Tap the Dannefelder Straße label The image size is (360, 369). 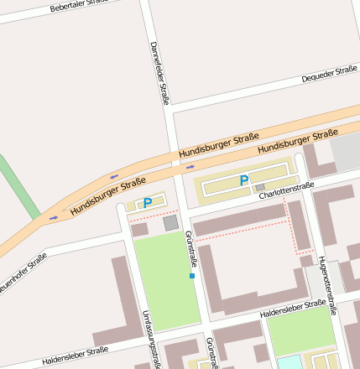(159, 73)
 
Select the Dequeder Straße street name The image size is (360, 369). (329, 76)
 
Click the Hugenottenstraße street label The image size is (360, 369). (326, 285)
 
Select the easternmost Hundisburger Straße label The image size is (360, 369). (298, 141)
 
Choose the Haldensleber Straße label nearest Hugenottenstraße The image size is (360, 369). (293, 309)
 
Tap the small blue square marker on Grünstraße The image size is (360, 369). (192, 276)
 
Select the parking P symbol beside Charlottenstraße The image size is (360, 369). (244, 180)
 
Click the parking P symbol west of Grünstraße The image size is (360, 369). (148, 203)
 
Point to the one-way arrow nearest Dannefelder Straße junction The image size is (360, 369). (190, 166)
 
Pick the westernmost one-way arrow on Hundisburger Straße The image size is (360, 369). (55, 217)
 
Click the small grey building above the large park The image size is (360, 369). (170, 223)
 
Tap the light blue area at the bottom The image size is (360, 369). (289, 362)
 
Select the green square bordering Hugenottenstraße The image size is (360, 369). (300, 330)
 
